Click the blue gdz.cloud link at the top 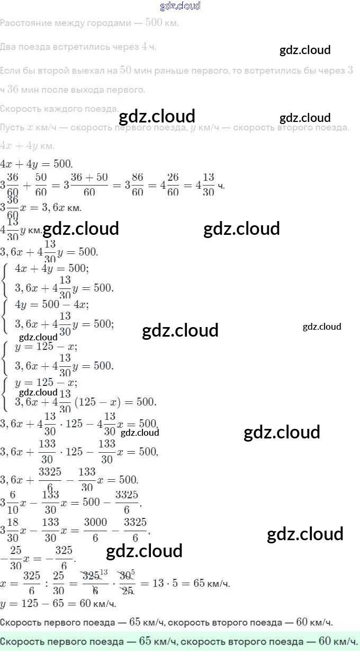(180, 6)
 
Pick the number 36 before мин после (13, 90)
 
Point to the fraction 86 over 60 (138, 185)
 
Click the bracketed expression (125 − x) (98, 402)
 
